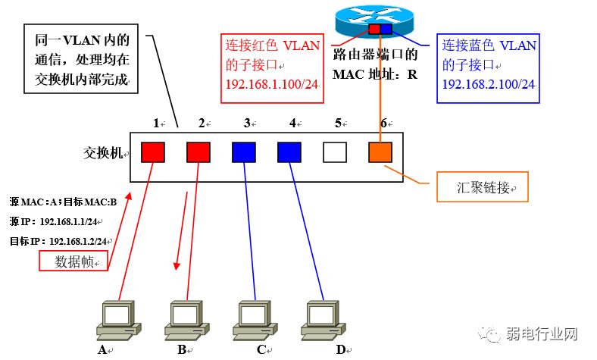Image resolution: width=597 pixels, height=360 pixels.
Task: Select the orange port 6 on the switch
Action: (380, 152)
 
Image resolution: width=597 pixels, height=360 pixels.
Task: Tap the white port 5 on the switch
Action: (334, 152)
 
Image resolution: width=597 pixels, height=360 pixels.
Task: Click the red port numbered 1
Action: (153, 152)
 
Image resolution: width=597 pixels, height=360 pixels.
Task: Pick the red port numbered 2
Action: (198, 152)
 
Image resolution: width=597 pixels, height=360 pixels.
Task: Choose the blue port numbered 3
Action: (243, 152)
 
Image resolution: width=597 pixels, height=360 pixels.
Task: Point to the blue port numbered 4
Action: (289, 152)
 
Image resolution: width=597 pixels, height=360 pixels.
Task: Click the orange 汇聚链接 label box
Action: (482, 187)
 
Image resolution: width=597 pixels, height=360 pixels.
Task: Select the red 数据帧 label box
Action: (73, 261)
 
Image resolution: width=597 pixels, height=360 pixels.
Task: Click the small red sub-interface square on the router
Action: (374, 29)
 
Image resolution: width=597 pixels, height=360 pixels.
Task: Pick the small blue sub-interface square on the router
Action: (386, 29)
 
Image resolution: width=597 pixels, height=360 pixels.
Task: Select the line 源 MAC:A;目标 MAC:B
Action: (64, 202)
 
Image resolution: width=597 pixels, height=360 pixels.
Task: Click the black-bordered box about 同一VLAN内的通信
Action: (82, 59)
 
